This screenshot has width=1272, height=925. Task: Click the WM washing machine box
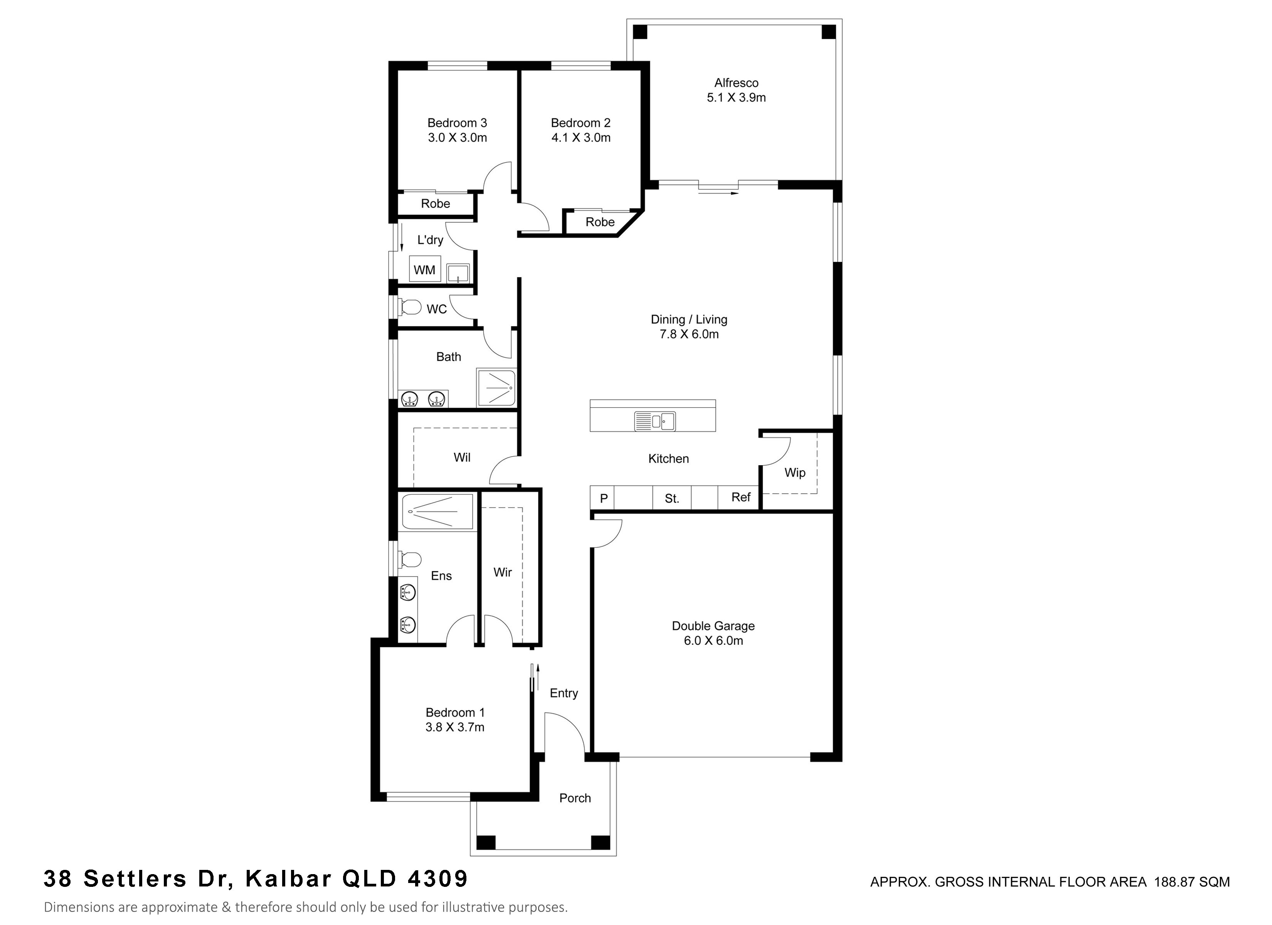tap(424, 269)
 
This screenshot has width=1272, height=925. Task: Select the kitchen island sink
tap(655, 421)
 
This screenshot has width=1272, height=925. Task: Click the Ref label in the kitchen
tap(740, 497)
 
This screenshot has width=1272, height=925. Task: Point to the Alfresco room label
tap(736, 82)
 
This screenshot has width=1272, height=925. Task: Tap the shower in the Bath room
tap(495, 388)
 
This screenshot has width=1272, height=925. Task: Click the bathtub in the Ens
tap(438, 511)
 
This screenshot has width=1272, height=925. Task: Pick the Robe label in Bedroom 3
tap(435, 203)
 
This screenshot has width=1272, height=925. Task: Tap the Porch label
tap(575, 798)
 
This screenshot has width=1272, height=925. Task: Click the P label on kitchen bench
tap(604, 498)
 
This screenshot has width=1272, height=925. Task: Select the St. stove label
tap(671, 498)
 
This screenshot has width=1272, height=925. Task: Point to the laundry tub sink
tap(458, 272)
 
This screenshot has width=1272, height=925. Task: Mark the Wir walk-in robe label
tap(503, 572)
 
